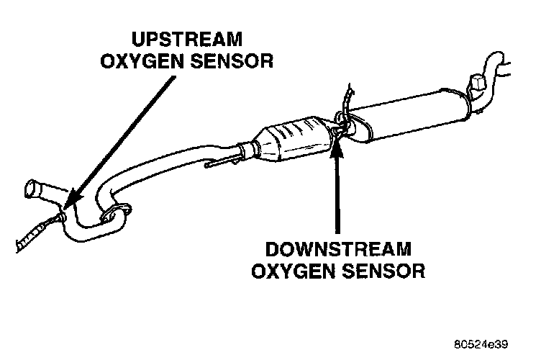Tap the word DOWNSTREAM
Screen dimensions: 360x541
point(337,251)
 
